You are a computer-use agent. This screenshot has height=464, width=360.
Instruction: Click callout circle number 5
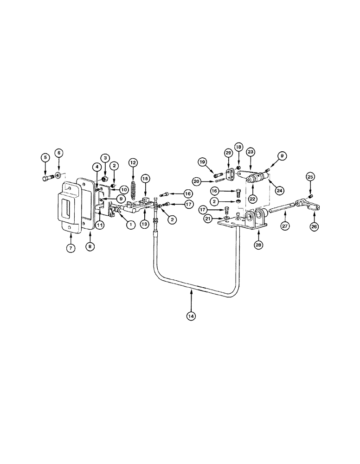point(45,158)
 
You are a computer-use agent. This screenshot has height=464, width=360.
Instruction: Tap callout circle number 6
point(58,153)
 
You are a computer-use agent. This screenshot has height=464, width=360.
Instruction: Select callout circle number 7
point(71,248)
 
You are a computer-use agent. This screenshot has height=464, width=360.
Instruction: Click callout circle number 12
point(134,163)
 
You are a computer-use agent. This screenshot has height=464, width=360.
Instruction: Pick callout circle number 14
point(191,316)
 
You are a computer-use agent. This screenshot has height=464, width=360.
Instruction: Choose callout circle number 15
point(145,178)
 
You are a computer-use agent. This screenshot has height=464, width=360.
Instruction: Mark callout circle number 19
point(203,162)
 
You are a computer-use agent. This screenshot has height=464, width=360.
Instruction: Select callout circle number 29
point(228,153)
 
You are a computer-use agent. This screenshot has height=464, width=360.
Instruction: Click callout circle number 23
point(251,152)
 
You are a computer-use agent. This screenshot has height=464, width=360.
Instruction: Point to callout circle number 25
point(310,176)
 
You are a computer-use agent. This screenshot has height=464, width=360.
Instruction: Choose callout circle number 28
point(258,244)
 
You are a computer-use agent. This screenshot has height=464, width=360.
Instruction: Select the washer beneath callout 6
point(58,175)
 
